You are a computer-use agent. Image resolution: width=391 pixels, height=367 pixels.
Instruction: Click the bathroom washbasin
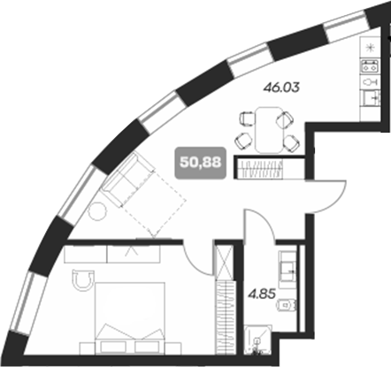click(287, 263)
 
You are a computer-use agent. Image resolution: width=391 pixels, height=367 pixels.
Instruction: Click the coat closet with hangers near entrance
click(268, 168)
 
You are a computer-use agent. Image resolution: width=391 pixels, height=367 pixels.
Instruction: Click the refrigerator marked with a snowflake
click(370, 43)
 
